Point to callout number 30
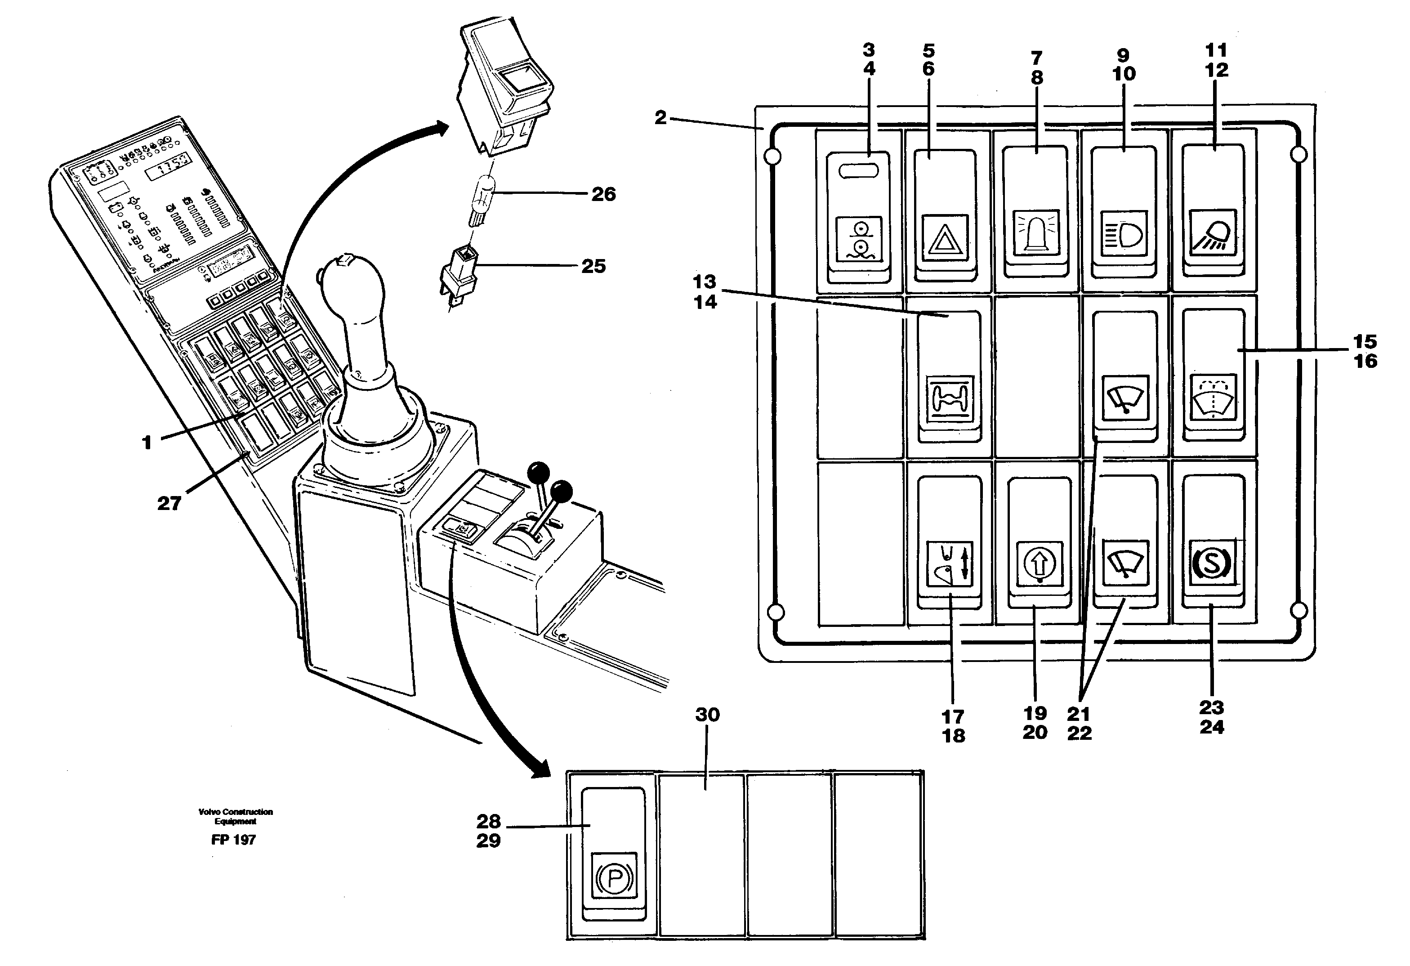(x=707, y=715)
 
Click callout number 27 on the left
(x=169, y=503)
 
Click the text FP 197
(x=234, y=840)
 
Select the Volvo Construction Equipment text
(x=236, y=816)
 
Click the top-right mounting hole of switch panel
(x=1298, y=155)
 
